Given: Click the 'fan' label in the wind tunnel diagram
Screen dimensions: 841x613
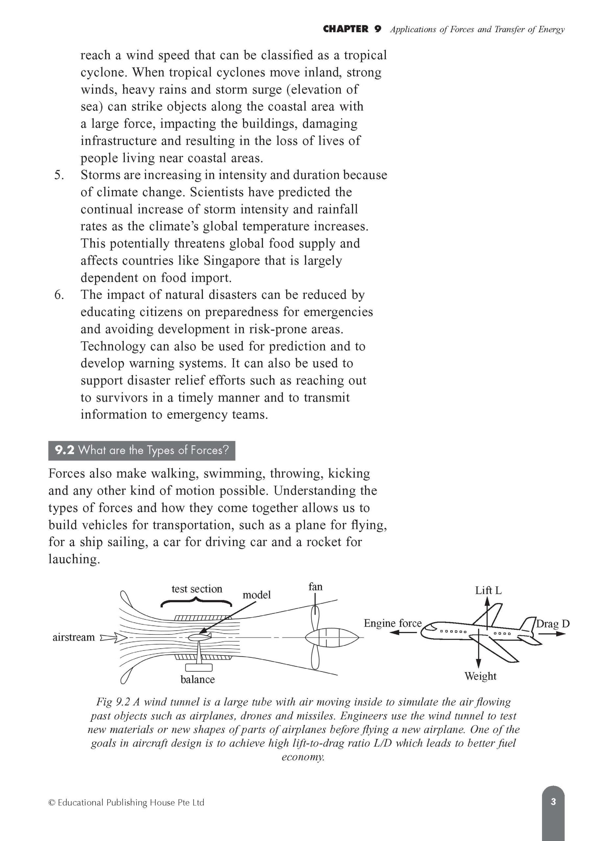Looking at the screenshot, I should [316, 587].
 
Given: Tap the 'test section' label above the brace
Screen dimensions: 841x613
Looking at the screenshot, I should [197, 589].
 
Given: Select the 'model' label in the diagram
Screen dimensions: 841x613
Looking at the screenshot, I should [256, 595].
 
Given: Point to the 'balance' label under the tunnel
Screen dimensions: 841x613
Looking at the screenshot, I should [198, 679].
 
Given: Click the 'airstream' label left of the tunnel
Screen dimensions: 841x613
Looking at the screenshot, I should [74, 637].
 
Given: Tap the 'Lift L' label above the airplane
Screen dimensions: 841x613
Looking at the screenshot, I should [488, 591].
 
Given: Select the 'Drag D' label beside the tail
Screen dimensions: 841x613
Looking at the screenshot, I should [553, 624].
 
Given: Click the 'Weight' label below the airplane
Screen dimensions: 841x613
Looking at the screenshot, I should [480, 676].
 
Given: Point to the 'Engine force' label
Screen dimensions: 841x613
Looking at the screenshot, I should [392, 623].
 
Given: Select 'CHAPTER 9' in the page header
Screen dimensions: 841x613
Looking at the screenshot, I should [352, 29].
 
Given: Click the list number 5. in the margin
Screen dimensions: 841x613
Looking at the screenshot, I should [59, 175].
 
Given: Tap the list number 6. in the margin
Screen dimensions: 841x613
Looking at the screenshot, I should [59, 295].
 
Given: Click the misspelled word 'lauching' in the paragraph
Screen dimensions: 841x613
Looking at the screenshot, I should [74, 559].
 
